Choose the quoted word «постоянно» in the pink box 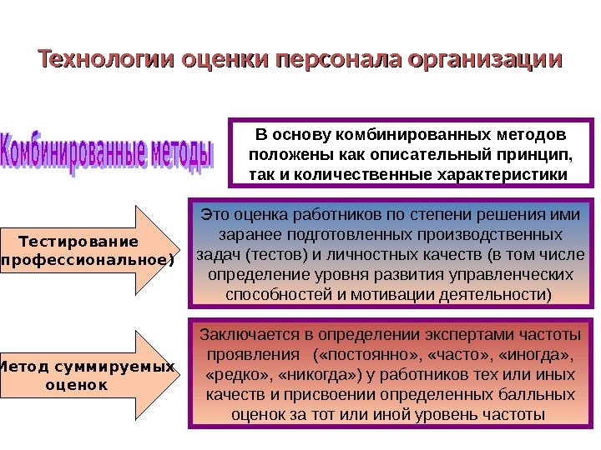click(x=361, y=355)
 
